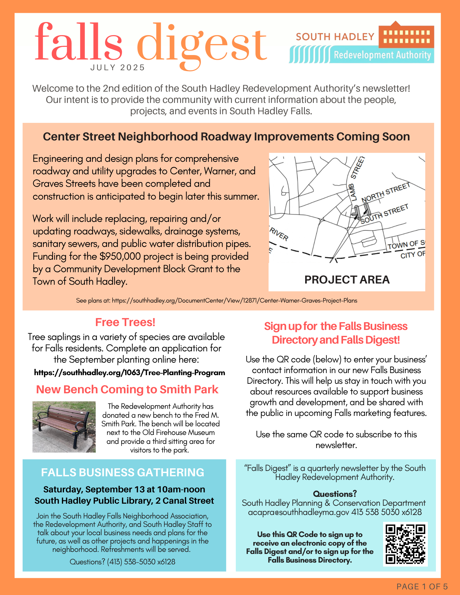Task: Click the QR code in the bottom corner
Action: click(x=405, y=544)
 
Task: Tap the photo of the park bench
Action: click(x=64, y=427)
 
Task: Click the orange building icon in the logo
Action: click(x=406, y=35)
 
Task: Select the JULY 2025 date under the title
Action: click(x=118, y=68)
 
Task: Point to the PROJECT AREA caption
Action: click(x=347, y=280)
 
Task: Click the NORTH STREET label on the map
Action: click(x=386, y=193)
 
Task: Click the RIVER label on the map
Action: click(x=279, y=234)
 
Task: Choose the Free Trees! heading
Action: click(x=125, y=322)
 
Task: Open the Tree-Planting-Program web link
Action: click(x=130, y=372)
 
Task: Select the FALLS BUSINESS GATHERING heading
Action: click(x=123, y=472)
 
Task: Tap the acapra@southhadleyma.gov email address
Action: click(x=298, y=512)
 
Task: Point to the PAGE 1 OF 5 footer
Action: click(x=422, y=586)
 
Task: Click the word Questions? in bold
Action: click(x=335, y=494)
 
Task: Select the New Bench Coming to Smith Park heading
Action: click(x=127, y=389)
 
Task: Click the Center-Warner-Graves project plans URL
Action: click(x=234, y=300)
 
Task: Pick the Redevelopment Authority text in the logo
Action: click(x=382, y=55)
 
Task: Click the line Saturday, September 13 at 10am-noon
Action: click(x=124, y=489)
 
